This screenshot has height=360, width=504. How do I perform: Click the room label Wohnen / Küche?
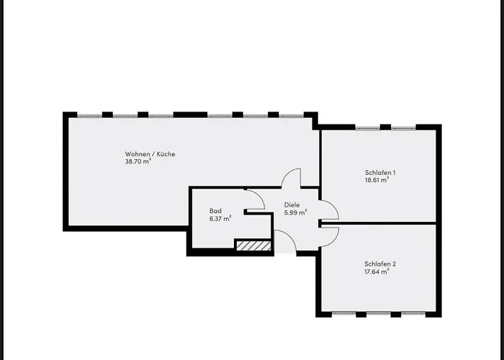click(150, 154)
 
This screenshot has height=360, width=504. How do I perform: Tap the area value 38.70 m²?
click(138, 162)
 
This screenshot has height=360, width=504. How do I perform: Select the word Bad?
click(215, 211)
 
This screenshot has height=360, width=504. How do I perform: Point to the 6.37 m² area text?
click(220, 219)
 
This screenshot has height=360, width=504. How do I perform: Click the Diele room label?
click(292, 204)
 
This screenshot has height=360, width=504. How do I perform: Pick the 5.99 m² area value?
click(295, 212)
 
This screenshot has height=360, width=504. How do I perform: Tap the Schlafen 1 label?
click(380, 173)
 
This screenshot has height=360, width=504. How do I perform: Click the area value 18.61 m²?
click(377, 181)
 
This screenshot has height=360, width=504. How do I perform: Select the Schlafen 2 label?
click(380, 264)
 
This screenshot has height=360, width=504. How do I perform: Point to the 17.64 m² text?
click(377, 271)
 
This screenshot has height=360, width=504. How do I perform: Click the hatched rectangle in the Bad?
click(253, 246)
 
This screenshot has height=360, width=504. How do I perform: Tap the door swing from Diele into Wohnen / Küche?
click(292, 178)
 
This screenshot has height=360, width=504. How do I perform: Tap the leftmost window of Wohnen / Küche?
click(89, 114)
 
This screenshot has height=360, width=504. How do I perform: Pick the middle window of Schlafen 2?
click(379, 314)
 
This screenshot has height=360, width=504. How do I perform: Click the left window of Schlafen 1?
click(367, 127)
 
